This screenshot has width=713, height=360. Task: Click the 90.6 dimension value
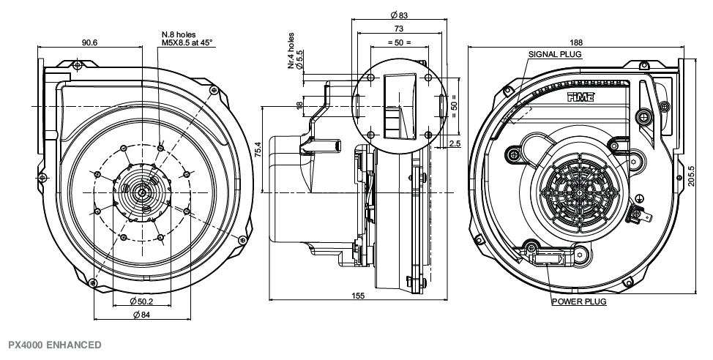[90, 42]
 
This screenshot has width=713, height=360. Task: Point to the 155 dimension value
[359, 295]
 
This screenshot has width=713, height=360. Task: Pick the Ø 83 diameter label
[398, 15]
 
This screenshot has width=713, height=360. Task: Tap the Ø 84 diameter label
[141, 315]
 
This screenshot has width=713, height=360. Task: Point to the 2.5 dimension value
[454, 143]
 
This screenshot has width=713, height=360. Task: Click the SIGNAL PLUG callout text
[553, 55]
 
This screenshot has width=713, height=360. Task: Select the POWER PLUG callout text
[578, 301]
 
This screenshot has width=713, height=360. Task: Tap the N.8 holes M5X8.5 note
[187, 38]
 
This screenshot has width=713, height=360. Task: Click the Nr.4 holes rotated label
[291, 51]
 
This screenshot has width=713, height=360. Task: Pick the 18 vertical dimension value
[299, 106]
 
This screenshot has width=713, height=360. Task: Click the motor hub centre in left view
[141, 191]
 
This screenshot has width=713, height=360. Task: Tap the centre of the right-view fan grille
[578, 192]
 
